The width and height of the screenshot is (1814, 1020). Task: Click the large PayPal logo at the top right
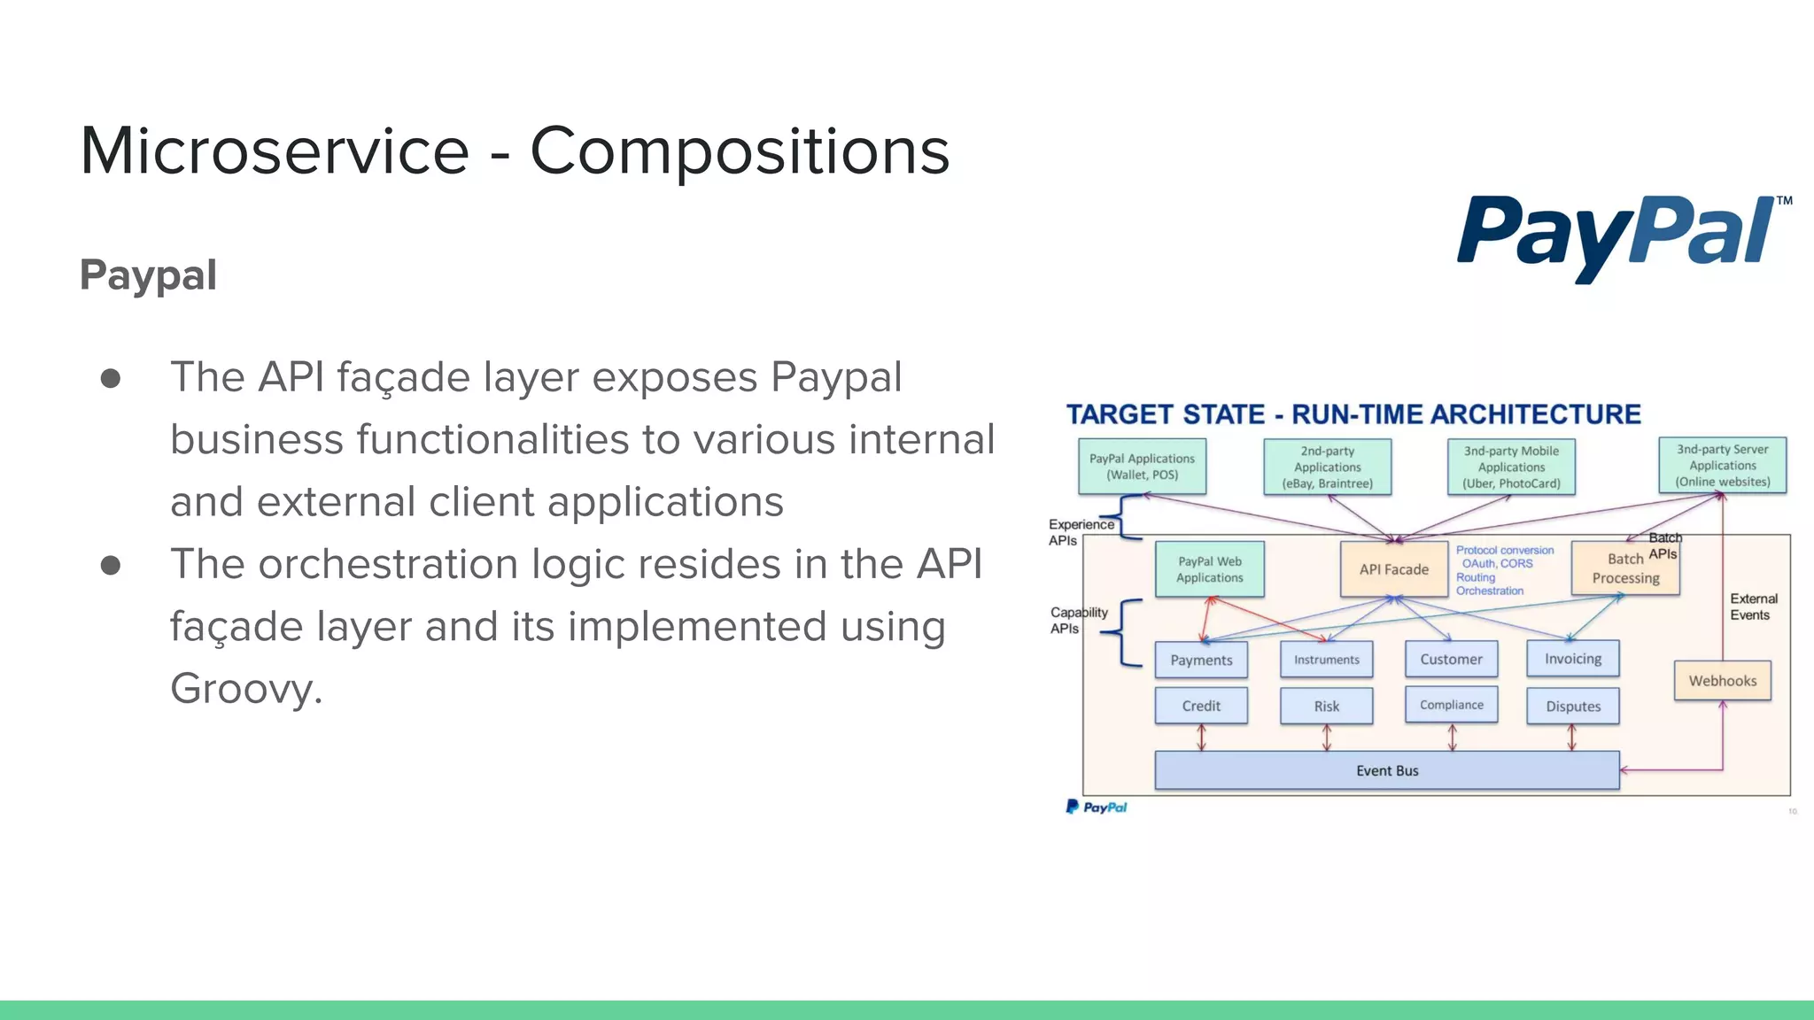(x=1621, y=235)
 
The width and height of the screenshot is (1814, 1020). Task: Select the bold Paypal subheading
(x=148, y=275)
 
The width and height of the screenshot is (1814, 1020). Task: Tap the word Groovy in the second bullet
(x=245, y=689)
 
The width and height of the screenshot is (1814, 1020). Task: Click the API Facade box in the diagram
(x=1393, y=569)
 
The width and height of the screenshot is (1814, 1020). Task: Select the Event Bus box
(x=1386, y=770)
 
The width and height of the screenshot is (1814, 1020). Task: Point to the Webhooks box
(x=1722, y=681)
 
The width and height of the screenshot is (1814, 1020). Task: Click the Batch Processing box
(x=1624, y=569)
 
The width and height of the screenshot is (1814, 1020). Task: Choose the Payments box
(x=1201, y=660)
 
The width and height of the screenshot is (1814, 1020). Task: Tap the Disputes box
(x=1573, y=707)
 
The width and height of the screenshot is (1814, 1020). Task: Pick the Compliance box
(x=1451, y=705)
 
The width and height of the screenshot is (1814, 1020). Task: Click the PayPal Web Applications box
(x=1209, y=569)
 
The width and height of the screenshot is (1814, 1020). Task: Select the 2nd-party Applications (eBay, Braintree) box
(x=1327, y=467)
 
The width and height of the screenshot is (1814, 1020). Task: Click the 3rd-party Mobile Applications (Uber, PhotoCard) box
(x=1511, y=467)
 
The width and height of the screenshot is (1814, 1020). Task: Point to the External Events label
(x=1752, y=607)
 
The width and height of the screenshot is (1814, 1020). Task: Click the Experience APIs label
(x=1080, y=532)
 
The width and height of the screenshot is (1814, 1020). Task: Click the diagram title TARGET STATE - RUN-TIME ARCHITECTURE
(x=1353, y=414)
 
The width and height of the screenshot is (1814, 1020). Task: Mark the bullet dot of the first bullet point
(x=111, y=379)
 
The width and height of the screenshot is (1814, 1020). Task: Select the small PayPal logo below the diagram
(x=1097, y=807)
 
